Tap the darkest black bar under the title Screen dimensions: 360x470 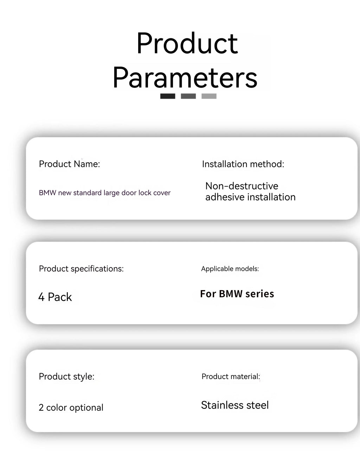[168, 96]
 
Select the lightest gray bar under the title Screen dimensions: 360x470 [209, 96]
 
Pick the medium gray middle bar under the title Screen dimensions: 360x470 [188, 96]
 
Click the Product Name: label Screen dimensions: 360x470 [69, 164]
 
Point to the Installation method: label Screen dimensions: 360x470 [243, 164]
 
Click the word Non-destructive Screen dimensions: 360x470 [242, 186]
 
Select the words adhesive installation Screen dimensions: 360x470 [250, 197]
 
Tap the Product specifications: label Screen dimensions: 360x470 [81, 269]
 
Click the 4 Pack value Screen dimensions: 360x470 [55, 297]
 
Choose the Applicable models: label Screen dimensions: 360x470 [230, 269]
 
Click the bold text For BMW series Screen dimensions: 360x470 [237, 294]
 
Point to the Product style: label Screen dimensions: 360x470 [66, 377]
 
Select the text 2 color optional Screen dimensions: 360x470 [71, 407]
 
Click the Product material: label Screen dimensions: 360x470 [231, 377]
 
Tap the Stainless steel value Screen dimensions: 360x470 [234, 405]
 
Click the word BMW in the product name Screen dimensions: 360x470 [47, 193]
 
